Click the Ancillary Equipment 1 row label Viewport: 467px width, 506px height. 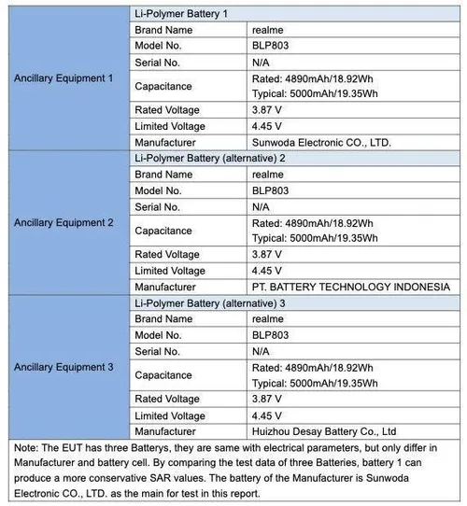64,78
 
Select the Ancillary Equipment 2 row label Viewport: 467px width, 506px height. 64,222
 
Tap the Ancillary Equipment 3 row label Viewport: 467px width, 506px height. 64,367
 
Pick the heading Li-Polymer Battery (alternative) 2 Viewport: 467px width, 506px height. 210,158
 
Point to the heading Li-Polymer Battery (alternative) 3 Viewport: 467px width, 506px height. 210,302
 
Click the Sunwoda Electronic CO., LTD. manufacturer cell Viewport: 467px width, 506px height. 320,143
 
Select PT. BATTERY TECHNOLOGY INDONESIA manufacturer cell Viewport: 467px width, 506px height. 351,287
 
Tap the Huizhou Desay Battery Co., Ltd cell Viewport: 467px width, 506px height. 324,431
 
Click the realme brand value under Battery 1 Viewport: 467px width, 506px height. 268,30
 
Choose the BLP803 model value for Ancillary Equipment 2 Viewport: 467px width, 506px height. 271,190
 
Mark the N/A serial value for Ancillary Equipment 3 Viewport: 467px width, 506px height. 262,351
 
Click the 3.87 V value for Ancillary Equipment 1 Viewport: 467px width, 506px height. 268,110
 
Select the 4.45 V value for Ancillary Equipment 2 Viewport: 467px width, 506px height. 268,271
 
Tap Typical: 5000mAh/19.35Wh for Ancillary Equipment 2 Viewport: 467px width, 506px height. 315,238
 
